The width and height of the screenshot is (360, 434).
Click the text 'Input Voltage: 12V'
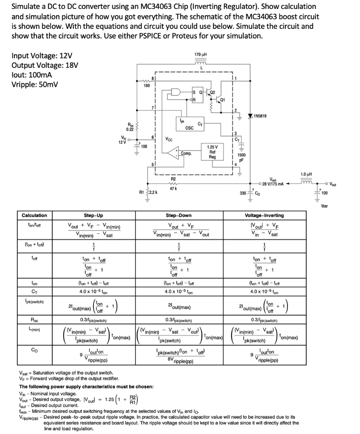[x=42, y=56]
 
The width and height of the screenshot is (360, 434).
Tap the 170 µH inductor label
[x=201, y=55]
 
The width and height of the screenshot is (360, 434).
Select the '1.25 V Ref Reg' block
[x=212, y=153]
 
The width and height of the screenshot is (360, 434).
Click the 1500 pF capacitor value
[x=241, y=158]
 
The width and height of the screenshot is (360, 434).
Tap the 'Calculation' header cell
[x=34, y=215]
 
